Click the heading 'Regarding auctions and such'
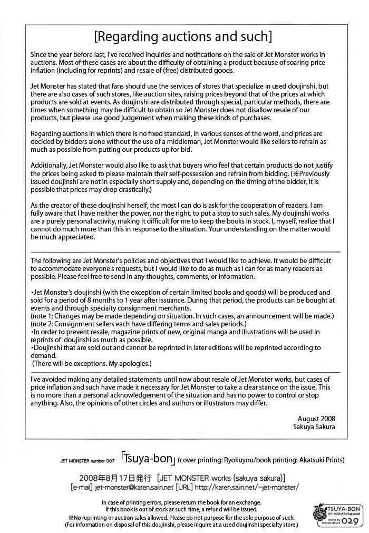183,36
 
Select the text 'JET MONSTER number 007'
87,460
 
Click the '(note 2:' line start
44,323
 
